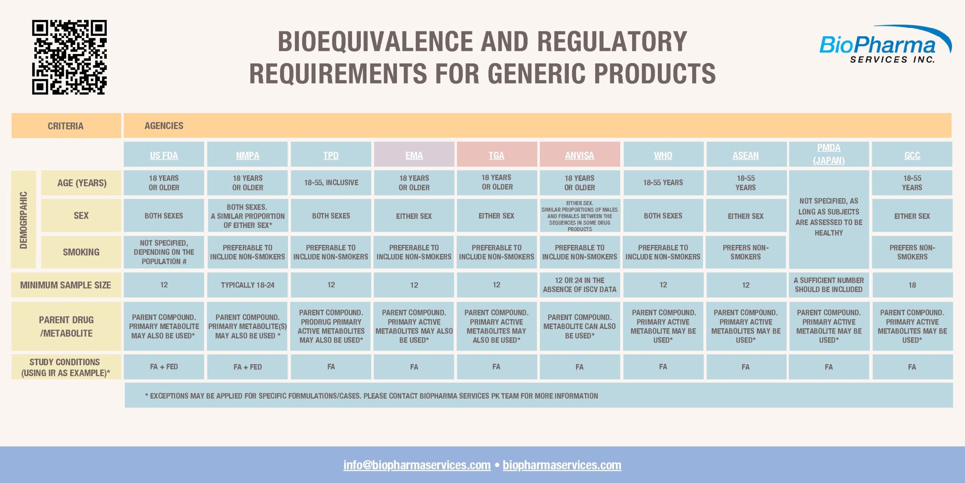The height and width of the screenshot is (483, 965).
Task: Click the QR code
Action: (x=69, y=57)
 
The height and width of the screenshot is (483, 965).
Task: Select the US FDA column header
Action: (x=164, y=155)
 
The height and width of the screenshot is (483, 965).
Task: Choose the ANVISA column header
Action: (x=579, y=155)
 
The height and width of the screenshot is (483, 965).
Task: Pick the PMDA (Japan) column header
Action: (x=829, y=154)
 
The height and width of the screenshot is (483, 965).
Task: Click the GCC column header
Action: (x=912, y=155)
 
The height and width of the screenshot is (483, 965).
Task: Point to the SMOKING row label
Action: (x=81, y=252)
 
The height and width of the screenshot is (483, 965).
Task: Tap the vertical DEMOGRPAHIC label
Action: (x=23, y=220)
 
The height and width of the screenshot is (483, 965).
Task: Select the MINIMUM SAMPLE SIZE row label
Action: (x=66, y=285)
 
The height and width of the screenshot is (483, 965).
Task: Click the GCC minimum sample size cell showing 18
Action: (x=912, y=285)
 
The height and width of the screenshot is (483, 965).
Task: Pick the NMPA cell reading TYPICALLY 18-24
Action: (x=247, y=285)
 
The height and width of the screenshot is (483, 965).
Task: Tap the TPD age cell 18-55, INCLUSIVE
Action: (x=331, y=183)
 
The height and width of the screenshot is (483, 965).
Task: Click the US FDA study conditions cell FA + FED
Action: (x=164, y=367)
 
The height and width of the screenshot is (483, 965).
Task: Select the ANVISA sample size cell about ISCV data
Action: (x=579, y=285)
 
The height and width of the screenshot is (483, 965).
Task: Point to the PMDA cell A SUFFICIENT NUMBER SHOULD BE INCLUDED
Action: (x=829, y=285)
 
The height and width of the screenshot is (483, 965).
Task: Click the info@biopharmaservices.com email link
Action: (x=417, y=465)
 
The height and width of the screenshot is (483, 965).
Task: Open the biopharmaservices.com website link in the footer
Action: (x=562, y=465)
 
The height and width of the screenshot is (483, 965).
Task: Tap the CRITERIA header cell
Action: (x=66, y=126)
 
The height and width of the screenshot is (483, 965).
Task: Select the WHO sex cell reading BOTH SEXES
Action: (x=663, y=215)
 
